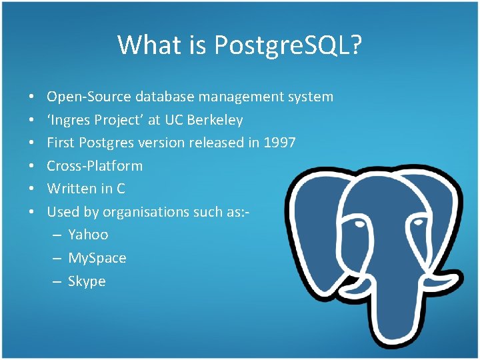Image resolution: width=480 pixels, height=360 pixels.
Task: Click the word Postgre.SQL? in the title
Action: [x=289, y=45]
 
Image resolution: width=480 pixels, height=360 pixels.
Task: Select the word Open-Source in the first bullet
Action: [x=89, y=97]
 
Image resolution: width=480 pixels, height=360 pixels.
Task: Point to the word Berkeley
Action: [x=215, y=120]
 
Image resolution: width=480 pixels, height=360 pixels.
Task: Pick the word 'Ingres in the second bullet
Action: [x=68, y=120]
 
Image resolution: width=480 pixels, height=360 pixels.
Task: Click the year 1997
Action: [x=279, y=143]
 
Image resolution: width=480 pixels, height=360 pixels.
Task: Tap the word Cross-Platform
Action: [x=95, y=165]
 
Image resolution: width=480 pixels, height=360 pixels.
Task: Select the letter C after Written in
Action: [x=120, y=189]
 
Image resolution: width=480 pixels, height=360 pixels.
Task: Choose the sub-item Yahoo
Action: [x=88, y=235]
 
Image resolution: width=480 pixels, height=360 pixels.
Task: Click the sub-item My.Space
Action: [x=97, y=258]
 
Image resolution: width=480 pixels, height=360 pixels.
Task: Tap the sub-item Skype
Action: [x=87, y=281]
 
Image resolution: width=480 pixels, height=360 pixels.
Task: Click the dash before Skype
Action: [x=57, y=281]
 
